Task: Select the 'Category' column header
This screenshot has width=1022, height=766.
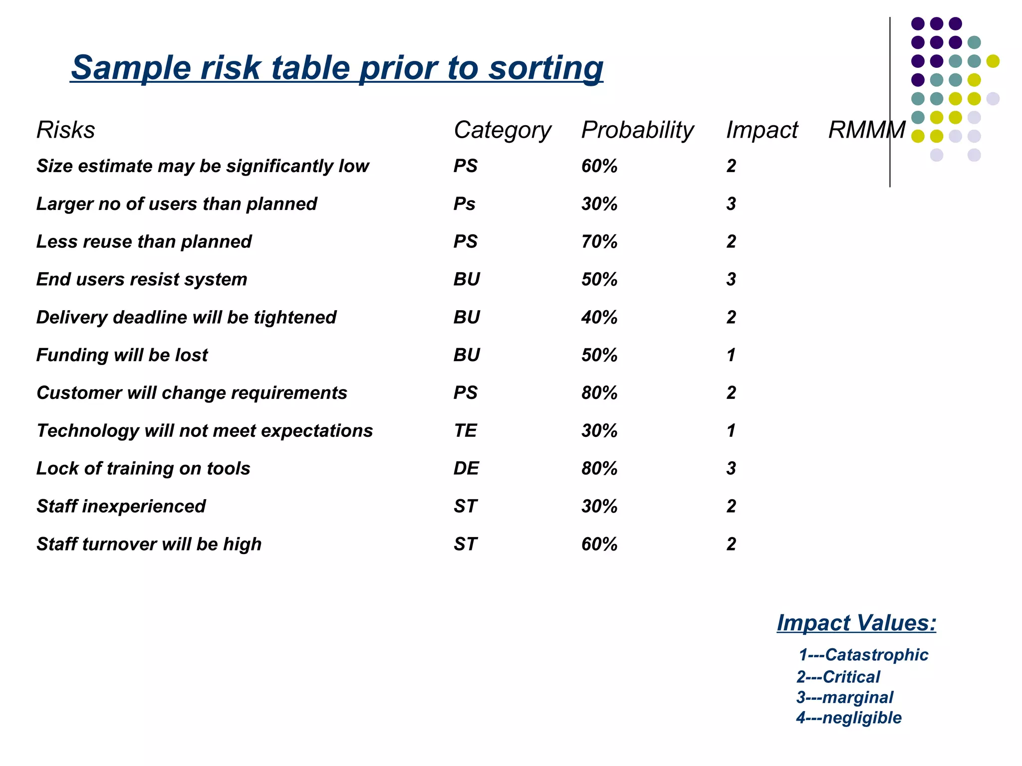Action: click(x=502, y=130)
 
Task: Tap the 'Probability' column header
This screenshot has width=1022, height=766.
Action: click(x=637, y=130)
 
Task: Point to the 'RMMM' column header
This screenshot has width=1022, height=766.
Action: click(x=866, y=130)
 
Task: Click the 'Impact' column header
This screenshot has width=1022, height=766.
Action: click(x=762, y=130)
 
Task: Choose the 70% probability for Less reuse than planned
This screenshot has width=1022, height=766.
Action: click(x=599, y=242)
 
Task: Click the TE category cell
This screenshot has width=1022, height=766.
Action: click(x=465, y=431)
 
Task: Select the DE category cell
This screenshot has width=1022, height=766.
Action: click(x=466, y=469)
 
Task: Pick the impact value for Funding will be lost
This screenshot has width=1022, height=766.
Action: click(x=731, y=355)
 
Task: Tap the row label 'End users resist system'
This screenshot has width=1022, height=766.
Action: click(x=142, y=279)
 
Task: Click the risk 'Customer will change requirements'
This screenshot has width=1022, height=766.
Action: click(x=192, y=393)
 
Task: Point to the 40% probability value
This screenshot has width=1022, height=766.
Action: click(x=599, y=317)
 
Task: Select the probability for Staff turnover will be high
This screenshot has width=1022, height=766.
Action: click(x=599, y=544)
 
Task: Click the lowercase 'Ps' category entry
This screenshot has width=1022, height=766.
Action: click(x=464, y=204)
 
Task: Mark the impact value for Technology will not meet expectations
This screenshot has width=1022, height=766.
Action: click(x=731, y=431)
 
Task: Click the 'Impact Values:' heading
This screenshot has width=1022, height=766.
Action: click(x=856, y=623)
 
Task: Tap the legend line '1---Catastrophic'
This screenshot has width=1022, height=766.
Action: click(x=863, y=655)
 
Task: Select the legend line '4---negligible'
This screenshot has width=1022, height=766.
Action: click(x=849, y=718)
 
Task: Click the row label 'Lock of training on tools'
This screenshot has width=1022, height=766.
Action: click(x=143, y=469)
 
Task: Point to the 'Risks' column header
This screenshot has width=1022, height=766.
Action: click(x=65, y=130)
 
